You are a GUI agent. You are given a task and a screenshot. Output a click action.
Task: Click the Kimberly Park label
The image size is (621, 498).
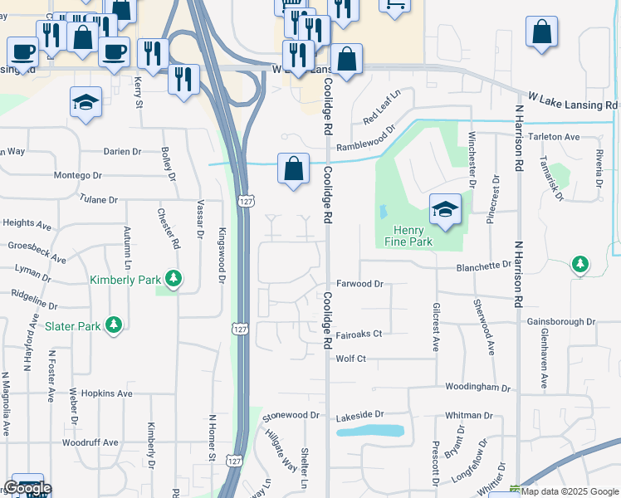[125, 280]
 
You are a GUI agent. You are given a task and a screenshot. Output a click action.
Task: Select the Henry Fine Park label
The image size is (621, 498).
[408, 236]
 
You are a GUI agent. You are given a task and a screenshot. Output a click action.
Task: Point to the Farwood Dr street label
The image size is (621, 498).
[359, 284]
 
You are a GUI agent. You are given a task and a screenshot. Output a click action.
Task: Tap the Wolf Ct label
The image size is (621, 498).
[350, 359]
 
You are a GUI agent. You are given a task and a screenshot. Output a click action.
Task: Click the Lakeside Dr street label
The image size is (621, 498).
[361, 413]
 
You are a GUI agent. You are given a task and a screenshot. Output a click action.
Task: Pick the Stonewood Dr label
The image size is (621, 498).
[291, 415]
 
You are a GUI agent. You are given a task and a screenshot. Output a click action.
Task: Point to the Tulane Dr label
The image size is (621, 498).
[100, 199]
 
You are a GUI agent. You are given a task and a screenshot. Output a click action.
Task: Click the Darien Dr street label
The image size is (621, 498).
[123, 152]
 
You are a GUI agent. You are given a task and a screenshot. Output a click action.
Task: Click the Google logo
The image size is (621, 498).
[27, 488]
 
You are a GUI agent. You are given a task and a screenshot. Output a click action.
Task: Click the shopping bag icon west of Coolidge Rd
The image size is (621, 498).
[293, 168]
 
